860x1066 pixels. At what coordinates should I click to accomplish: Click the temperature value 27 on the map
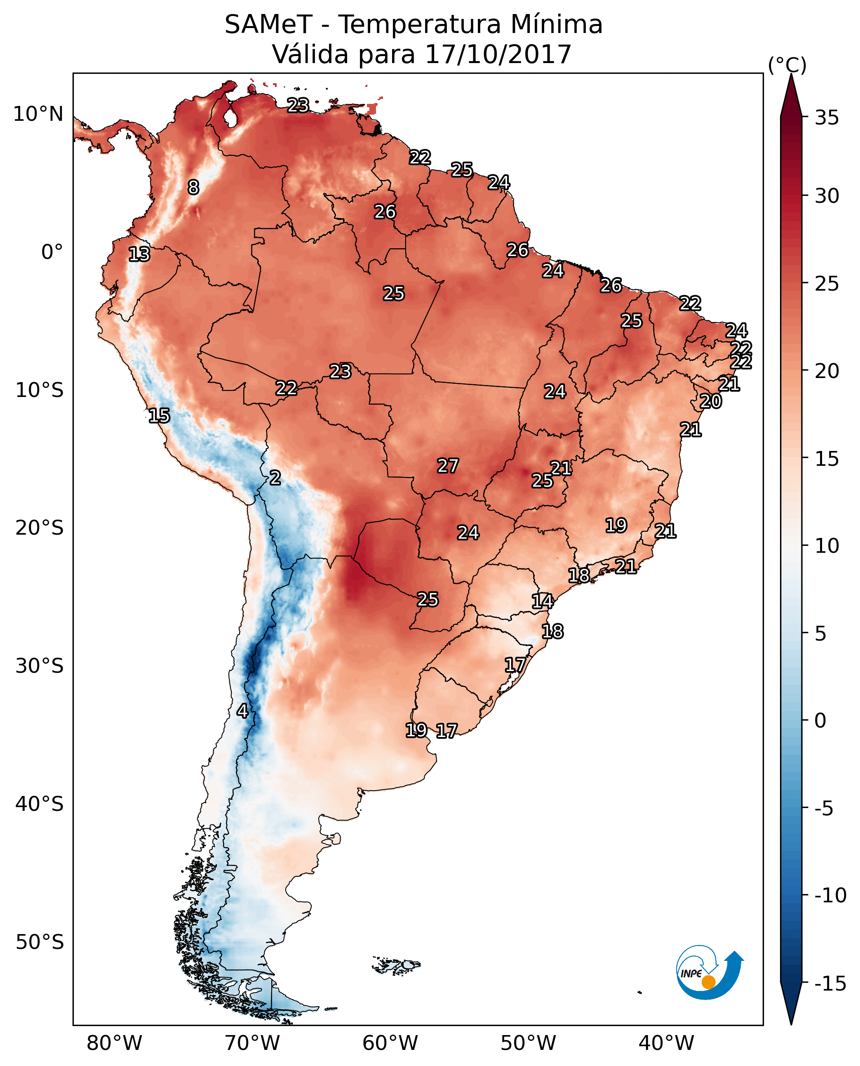coord(448,466)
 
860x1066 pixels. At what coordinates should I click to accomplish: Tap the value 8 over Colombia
coord(193,187)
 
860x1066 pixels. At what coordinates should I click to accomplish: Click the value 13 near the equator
coord(139,254)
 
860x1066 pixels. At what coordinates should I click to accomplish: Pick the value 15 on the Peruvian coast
coord(159,415)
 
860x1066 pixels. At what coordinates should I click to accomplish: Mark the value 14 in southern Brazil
coord(543,601)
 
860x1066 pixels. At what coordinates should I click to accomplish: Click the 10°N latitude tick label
coord(38,115)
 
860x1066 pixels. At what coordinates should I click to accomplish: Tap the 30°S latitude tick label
coord(40,666)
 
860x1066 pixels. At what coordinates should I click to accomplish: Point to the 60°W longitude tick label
coord(390,1043)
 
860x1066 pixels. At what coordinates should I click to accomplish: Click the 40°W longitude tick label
coord(666,1043)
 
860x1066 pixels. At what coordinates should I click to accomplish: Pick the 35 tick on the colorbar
coord(827,118)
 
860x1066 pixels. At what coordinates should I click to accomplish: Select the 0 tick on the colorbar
coord(820,720)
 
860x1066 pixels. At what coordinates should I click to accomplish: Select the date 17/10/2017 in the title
coord(498,54)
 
